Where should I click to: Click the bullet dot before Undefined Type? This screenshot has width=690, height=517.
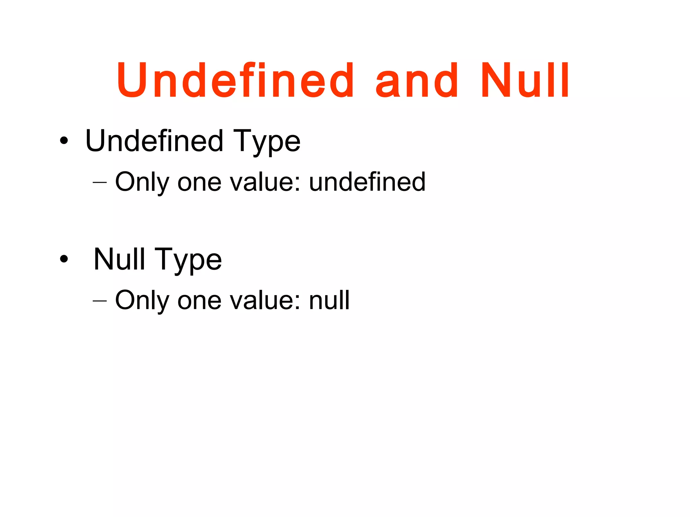[64, 141]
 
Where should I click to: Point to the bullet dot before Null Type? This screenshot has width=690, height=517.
[64, 259]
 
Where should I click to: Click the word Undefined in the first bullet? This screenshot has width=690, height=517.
[154, 141]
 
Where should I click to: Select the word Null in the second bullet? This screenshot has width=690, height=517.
[119, 259]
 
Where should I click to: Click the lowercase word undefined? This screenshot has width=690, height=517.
[367, 182]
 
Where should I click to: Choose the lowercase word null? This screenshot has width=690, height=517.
[329, 300]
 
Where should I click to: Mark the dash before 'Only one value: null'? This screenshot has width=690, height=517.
[99, 301]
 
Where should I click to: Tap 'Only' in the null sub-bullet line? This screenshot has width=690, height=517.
[142, 301]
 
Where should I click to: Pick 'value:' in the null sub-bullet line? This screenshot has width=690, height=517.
[265, 301]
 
